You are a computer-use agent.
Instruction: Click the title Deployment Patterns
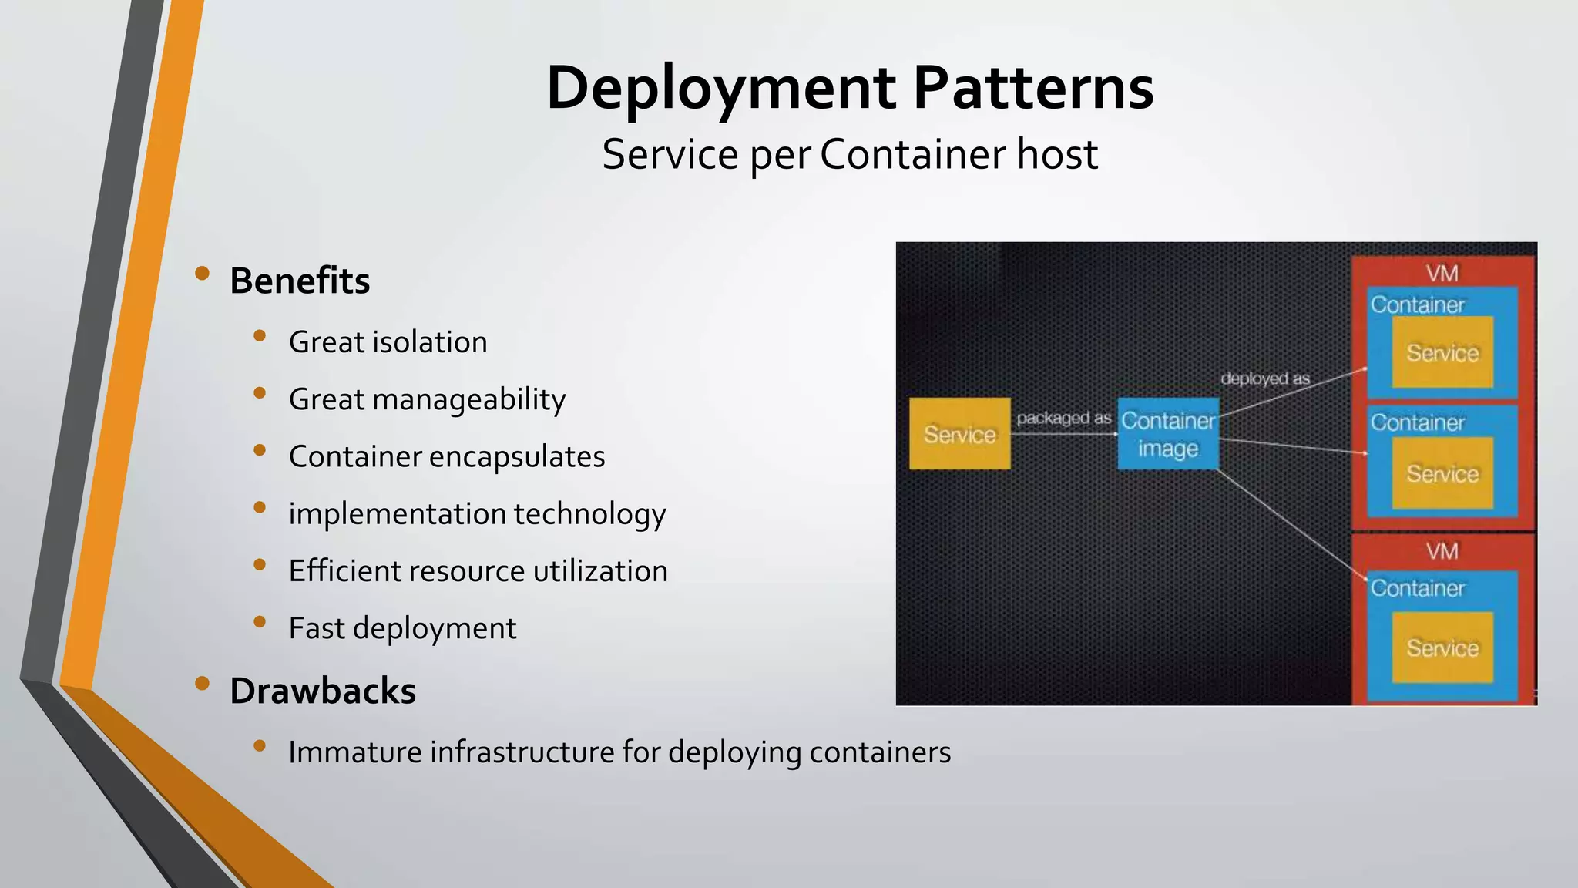tap(849, 88)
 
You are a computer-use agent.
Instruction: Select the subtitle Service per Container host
tap(849, 154)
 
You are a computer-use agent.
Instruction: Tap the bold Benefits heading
tap(300, 281)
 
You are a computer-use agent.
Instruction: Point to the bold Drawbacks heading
tap(322, 691)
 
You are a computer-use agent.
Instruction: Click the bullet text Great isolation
tap(388, 342)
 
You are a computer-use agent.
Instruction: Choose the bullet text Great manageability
tap(427, 399)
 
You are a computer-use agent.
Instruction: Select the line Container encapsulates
tap(447, 456)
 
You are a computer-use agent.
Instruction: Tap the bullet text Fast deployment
tap(402, 628)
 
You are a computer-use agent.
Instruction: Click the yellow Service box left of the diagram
tap(959, 434)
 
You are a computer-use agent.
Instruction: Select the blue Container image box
tap(1168, 434)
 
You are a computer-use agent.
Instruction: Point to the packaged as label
tap(1063, 418)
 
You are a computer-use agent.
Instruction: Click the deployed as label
tap(1265, 378)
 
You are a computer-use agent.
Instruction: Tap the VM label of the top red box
tap(1442, 274)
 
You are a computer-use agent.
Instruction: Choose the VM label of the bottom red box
tap(1442, 551)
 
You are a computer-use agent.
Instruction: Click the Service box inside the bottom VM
tap(1442, 647)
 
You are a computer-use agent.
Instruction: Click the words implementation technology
tap(477, 514)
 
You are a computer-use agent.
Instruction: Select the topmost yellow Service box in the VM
tap(1442, 352)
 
